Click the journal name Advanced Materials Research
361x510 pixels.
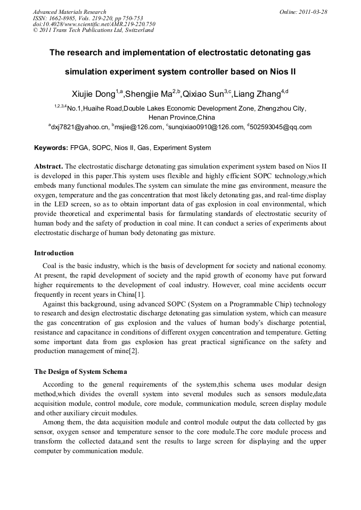(69, 12)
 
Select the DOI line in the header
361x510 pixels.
(94, 24)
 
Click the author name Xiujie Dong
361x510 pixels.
(94, 94)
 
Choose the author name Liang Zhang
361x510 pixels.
(258, 94)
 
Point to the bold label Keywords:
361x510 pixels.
(51, 148)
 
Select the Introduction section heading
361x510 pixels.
(54, 253)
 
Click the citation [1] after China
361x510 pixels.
(139, 294)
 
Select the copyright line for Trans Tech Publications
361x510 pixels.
(93, 30)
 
